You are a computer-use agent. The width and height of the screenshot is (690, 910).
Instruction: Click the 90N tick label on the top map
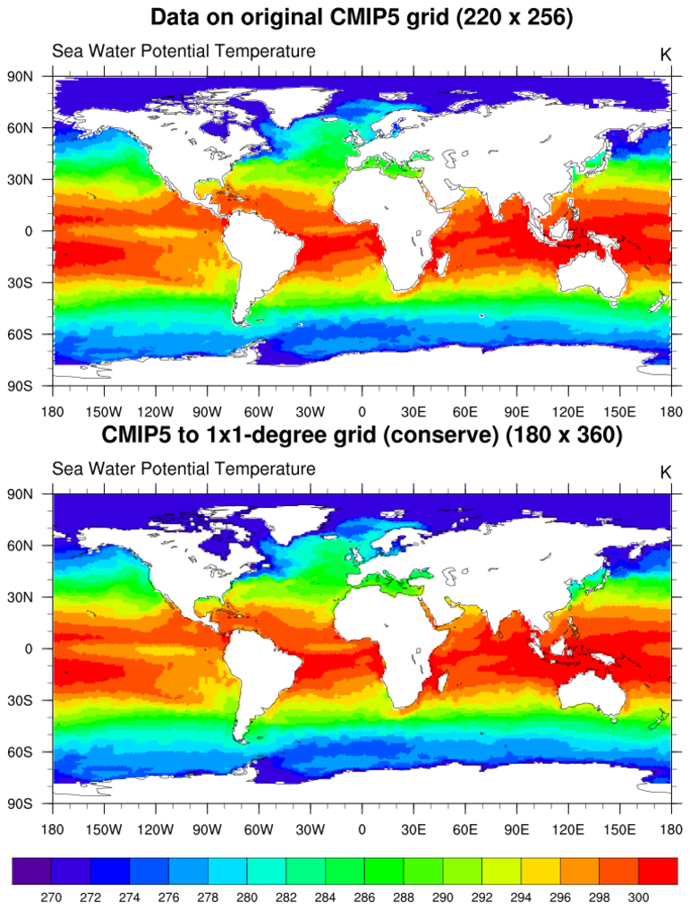21,76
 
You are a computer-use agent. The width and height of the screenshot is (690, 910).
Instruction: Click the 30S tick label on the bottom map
21,700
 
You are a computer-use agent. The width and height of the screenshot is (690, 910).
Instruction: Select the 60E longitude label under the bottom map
465,829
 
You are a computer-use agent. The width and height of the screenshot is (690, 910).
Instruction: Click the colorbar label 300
639,895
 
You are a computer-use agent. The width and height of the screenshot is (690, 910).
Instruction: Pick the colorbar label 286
364,895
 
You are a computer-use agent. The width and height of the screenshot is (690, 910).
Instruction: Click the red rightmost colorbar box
659,871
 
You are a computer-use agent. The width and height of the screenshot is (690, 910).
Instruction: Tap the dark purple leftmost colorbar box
32,871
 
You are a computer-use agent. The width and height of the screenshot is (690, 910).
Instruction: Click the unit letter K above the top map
665,54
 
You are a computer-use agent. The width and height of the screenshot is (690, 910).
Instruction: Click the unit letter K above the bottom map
665,472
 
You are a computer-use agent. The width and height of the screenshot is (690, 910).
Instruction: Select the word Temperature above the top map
265,51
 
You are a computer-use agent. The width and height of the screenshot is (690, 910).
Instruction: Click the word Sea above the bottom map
66,468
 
